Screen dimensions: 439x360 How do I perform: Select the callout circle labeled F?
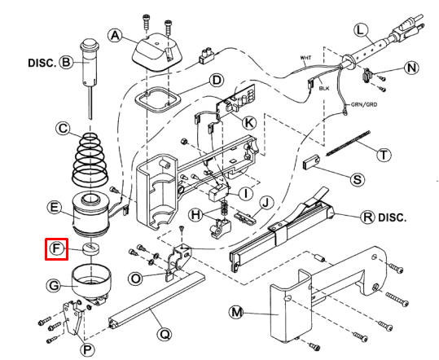(56, 248)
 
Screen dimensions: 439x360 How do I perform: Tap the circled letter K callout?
(248, 122)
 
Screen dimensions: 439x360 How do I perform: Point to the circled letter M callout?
(236, 312)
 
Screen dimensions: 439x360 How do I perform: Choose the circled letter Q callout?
(165, 334)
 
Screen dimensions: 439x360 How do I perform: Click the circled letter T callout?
(384, 154)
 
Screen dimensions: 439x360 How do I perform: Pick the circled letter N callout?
(411, 68)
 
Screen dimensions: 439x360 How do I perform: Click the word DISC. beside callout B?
(42, 63)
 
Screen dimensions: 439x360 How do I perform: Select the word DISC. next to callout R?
(393, 217)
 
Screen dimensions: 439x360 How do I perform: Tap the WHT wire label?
(305, 58)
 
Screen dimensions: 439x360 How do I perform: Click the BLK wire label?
(324, 88)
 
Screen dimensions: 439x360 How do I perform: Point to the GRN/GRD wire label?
(364, 104)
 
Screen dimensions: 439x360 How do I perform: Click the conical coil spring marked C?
(90, 160)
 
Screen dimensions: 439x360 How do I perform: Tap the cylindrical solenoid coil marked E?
(90, 214)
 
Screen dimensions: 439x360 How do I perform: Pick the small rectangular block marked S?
(311, 162)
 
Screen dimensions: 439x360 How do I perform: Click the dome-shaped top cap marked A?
(156, 52)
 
